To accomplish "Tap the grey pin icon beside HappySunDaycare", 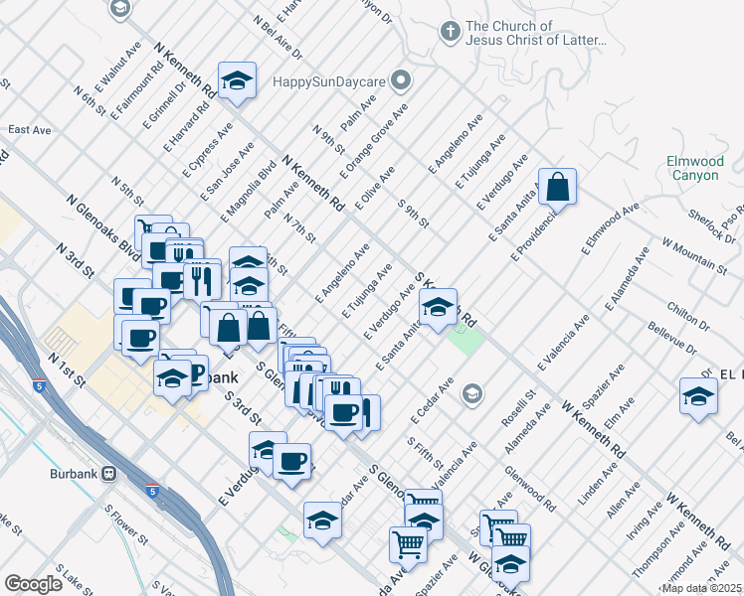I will (x=401, y=78).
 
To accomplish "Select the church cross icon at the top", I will (x=450, y=33).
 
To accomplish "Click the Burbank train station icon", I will (x=104, y=474).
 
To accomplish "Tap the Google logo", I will (x=34, y=584).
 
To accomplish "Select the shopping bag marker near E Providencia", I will (x=558, y=186).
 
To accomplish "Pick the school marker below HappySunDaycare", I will (x=238, y=79).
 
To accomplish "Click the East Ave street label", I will (x=29, y=130).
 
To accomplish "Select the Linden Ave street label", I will (x=598, y=466).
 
